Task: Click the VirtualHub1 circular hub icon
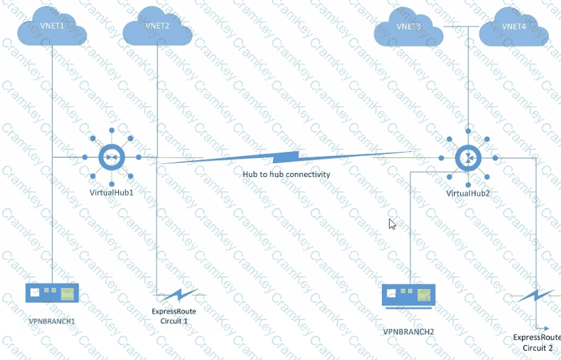[x=111, y=158]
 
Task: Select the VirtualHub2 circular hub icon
[x=468, y=158]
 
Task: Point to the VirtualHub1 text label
[x=111, y=192]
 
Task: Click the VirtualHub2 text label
[x=468, y=193]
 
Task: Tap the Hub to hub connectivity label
[x=287, y=174]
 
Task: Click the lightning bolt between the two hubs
[x=284, y=158]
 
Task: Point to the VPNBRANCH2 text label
[x=408, y=332]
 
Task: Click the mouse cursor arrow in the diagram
[x=392, y=224]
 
